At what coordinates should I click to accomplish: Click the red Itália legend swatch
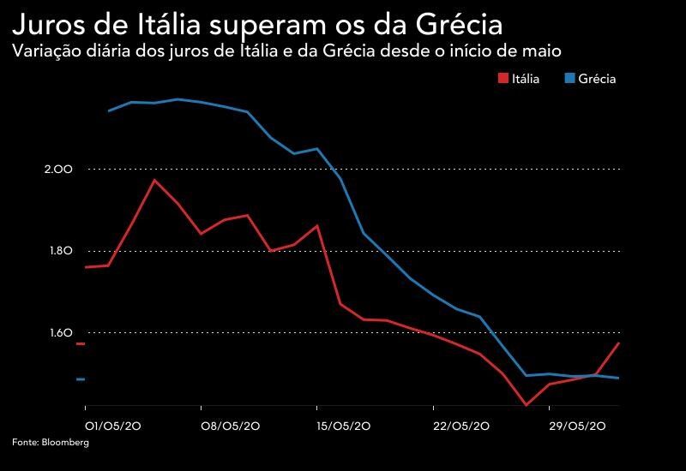pyautogui.click(x=502, y=79)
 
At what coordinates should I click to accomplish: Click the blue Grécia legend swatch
pyautogui.click(x=569, y=79)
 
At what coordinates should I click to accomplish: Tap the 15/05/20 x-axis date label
pyautogui.click(x=345, y=426)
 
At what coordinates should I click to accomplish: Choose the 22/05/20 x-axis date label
pyautogui.click(x=461, y=426)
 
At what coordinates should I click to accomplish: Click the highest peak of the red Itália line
pyautogui.click(x=154, y=180)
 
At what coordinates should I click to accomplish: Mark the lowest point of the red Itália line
pyautogui.click(x=526, y=405)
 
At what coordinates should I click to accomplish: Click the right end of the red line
pyautogui.click(x=619, y=343)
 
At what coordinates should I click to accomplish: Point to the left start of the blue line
pyautogui.click(x=108, y=110)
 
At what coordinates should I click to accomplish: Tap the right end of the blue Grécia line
pyautogui.click(x=619, y=378)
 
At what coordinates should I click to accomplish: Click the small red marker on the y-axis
pyautogui.click(x=81, y=344)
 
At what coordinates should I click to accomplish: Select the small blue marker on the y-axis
pyautogui.click(x=81, y=379)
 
